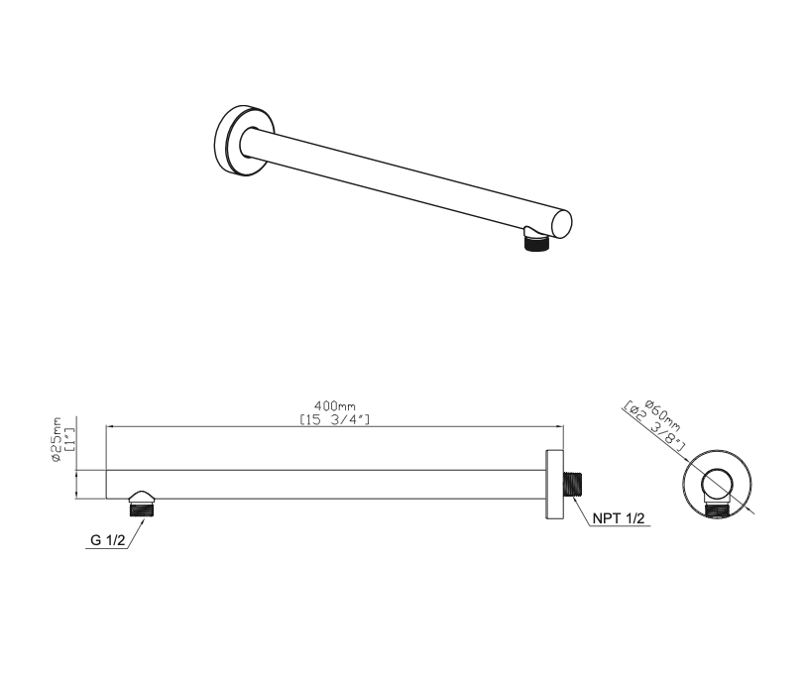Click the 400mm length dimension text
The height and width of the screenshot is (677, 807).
335,406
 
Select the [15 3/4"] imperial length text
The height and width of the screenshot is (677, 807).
335,419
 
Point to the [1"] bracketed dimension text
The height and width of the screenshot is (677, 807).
70,439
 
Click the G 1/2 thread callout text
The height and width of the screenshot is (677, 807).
107,540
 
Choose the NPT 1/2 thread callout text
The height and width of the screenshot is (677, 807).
618,518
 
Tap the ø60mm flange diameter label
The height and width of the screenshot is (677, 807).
662,414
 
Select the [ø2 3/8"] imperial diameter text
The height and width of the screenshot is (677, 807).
653,426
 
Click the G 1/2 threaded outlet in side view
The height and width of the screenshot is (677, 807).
143,508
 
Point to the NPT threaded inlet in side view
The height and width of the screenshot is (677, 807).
572,484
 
